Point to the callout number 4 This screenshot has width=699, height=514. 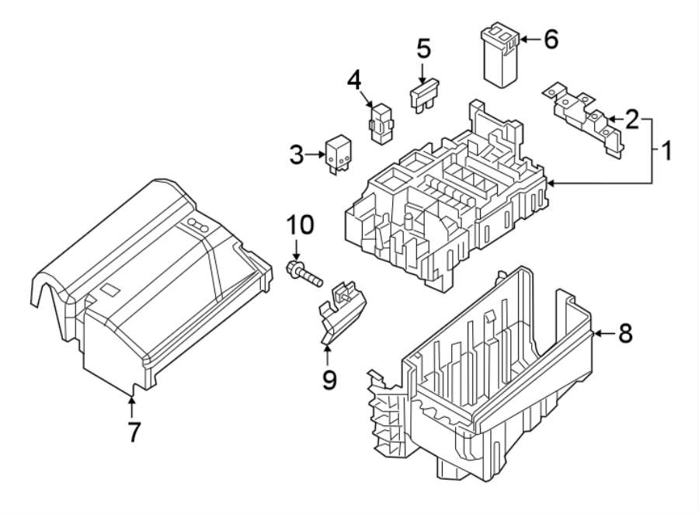tap(354, 80)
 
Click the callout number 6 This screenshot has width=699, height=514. tap(550, 40)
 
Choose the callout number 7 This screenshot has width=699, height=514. tap(134, 432)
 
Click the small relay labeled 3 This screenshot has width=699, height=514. tap(338, 152)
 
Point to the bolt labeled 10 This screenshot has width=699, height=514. tap(305, 273)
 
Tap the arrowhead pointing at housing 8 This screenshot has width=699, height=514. tap(597, 335)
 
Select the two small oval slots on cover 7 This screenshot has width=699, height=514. tap(200, 225)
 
